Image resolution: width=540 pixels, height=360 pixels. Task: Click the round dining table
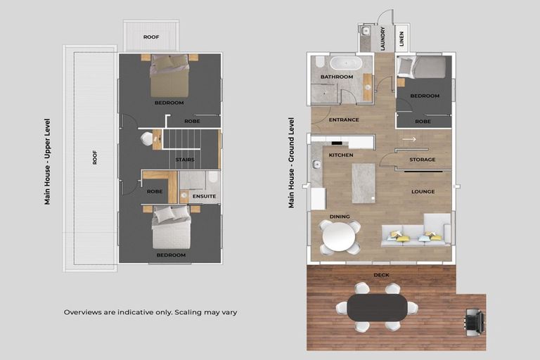click(x=340, y=236)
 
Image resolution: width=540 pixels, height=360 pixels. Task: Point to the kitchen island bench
click(x=364, y=183)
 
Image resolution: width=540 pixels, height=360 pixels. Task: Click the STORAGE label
click(x=423, y=160)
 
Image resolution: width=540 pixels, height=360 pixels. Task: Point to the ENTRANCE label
click(x=344, y=120)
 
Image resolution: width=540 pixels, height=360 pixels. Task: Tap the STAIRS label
click(x=185, y=160)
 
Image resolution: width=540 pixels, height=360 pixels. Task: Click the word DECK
click(x=382, y=275)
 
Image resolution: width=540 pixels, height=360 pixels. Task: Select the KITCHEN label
click(x=340, y=154)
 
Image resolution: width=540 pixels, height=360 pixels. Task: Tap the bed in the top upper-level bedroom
click(x=169, y=76)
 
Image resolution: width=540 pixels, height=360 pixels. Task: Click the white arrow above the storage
click(x=409, y=139)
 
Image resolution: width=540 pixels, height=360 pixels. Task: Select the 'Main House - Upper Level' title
click(x=48, y=161)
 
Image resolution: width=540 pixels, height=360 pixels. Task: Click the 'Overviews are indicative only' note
click(x=150, y=311)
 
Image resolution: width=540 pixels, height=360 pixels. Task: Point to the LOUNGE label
click(x=423, y=191)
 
